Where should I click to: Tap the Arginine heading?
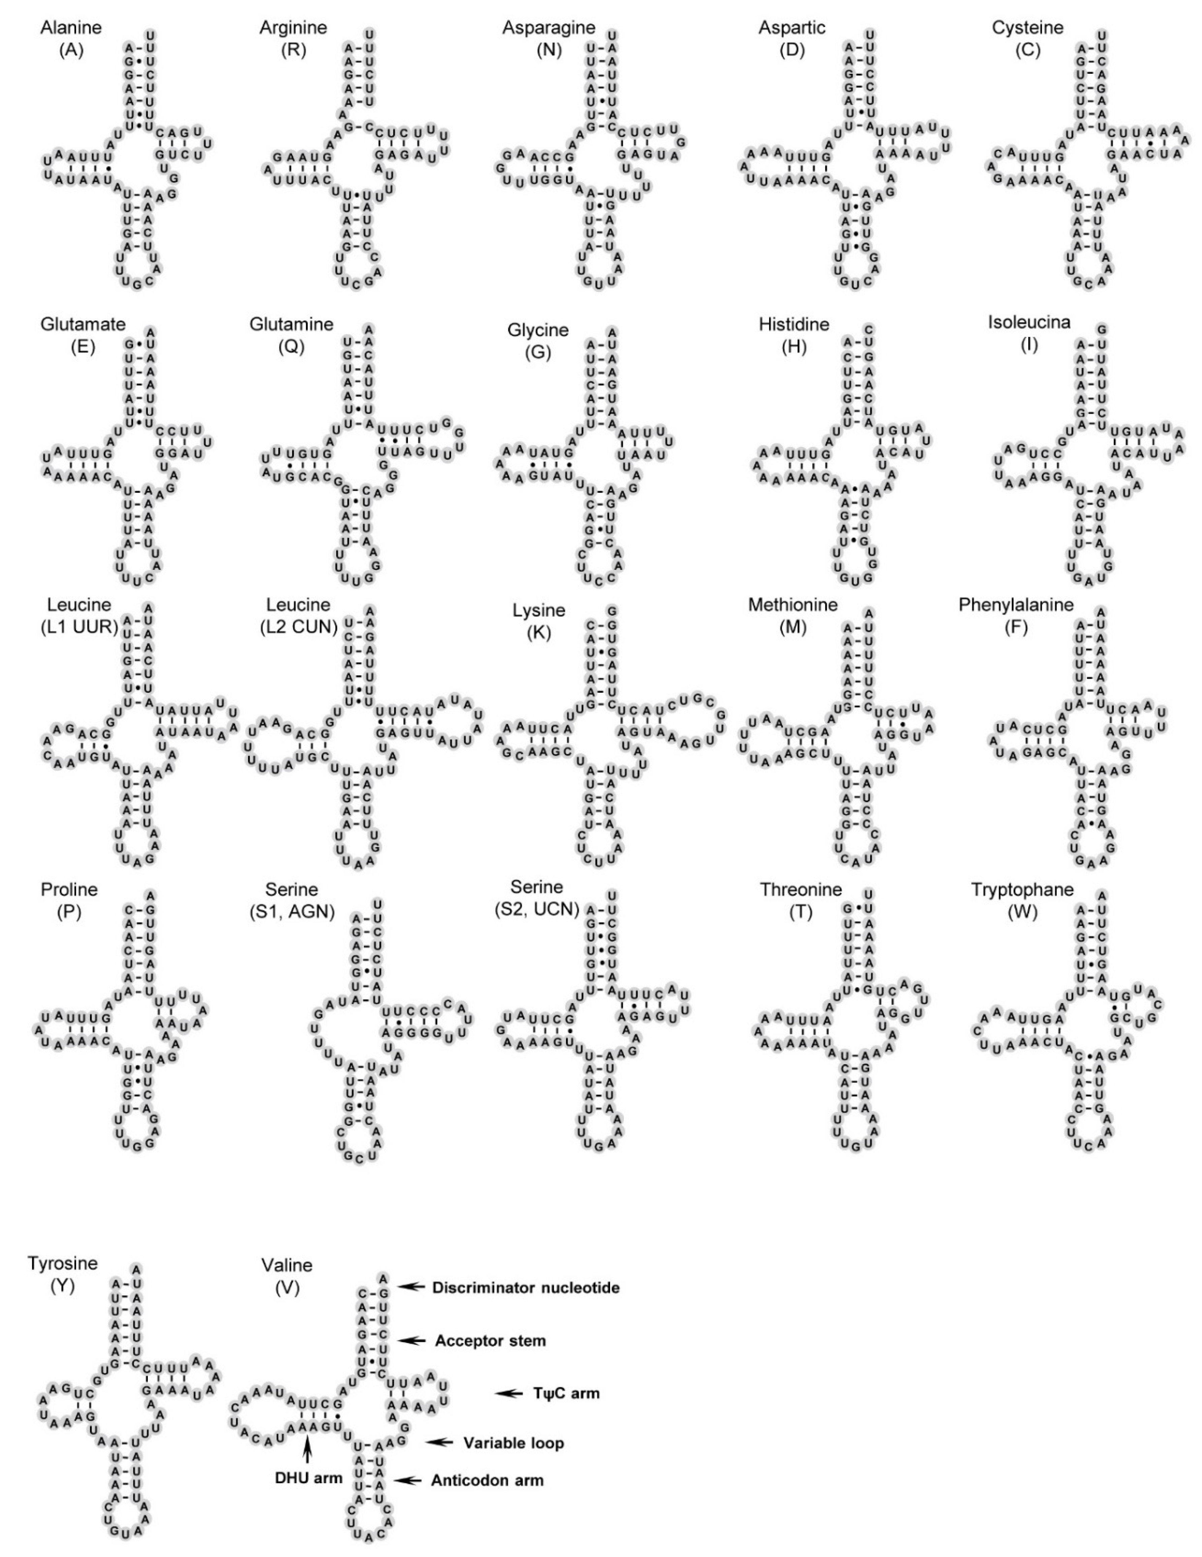click(293, 28)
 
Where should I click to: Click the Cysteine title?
click(1027, 28)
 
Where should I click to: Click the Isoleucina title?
click(1029, 322)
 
